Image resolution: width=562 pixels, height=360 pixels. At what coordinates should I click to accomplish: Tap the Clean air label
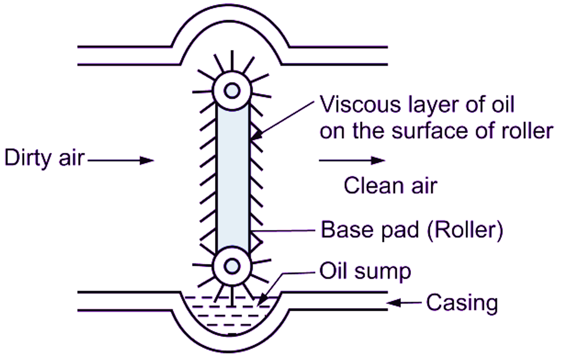point(390,186)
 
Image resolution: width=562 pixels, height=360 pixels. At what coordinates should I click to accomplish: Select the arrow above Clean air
point(352,160)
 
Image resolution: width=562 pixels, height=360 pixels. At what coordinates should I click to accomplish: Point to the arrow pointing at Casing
point(406,304)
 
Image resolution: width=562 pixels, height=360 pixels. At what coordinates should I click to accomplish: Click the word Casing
point(462,304)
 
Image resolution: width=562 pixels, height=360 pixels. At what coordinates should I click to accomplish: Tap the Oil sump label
point(365,272)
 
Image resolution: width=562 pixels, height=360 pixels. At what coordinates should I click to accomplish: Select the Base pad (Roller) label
point(411,230)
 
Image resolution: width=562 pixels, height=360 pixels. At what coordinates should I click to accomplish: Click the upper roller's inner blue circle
point(232,90)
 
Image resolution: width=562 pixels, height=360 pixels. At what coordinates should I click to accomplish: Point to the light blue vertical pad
point(232,176)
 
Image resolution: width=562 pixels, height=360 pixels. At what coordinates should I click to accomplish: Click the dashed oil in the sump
point(232,315)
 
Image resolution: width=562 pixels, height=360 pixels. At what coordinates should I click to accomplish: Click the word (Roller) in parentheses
point(465,230)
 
